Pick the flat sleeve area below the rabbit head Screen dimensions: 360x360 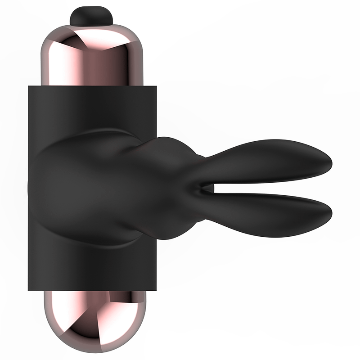coord(90,268)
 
